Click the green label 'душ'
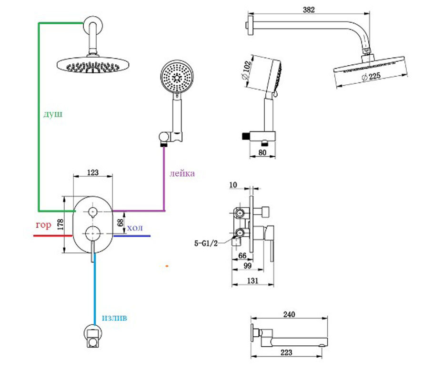[x=53, y=115]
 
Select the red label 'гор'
[x=43, y=225]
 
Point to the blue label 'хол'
[x=134, y=229]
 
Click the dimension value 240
[x=289, y=314]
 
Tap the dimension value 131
[x=252, y=281]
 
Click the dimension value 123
[x=93, y=173]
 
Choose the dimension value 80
[x=262, y=153]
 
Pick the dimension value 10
[x=233, y=184]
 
